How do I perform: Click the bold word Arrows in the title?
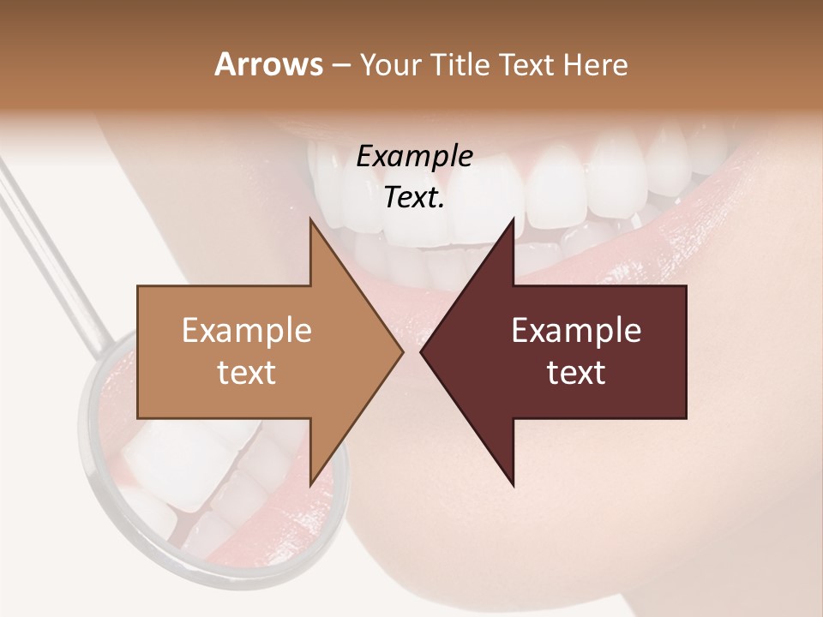coord(269,65)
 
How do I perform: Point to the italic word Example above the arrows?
coord(414,156)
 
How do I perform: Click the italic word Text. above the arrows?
coord(414,197)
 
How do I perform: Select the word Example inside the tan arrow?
coord(247,331)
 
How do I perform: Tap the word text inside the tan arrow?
coord(247,372)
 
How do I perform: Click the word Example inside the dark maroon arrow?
coord(576,331)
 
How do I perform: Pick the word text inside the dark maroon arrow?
coord(576,372)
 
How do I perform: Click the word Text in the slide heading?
coord(532,65)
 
